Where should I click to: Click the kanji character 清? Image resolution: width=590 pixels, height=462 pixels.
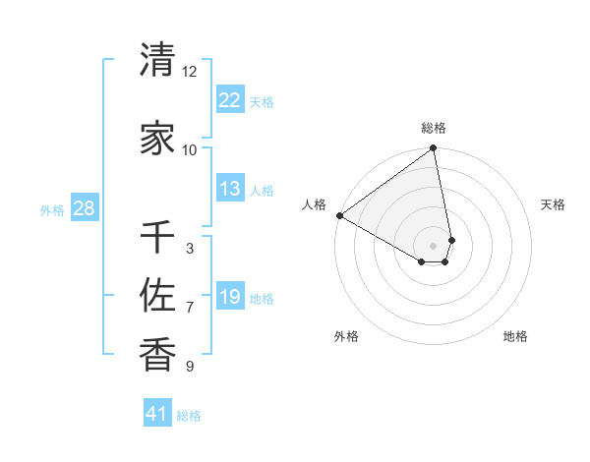click(157, 61)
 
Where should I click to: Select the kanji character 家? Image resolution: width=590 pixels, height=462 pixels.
click(157, 139)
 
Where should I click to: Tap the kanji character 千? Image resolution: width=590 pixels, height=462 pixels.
click(157, 239)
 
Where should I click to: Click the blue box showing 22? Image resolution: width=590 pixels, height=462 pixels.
click(229, 100)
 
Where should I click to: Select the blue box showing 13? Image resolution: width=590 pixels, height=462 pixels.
click(229, 189)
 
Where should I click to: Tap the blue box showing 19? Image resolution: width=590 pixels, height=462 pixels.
click(229, 297)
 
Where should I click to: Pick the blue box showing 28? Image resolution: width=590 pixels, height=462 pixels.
click(84, 208)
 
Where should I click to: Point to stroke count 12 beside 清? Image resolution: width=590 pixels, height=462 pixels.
click(190, 72)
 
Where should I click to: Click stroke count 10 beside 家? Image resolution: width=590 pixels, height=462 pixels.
click(190, 149)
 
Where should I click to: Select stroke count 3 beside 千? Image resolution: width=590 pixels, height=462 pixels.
click(190, 249)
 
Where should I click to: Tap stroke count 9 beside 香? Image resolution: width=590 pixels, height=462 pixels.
click(190, 367)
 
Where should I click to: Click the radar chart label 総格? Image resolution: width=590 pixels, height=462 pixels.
click(434, 128)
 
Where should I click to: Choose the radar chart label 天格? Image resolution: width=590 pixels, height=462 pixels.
click(553, 204)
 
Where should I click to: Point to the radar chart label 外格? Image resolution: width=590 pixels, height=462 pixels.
click(346, 336)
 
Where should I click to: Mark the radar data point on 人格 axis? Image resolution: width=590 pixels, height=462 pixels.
click(339, 214)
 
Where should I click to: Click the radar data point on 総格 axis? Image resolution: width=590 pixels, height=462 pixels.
click(434, 149)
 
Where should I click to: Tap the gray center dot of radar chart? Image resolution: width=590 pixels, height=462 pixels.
click(434, 244)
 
